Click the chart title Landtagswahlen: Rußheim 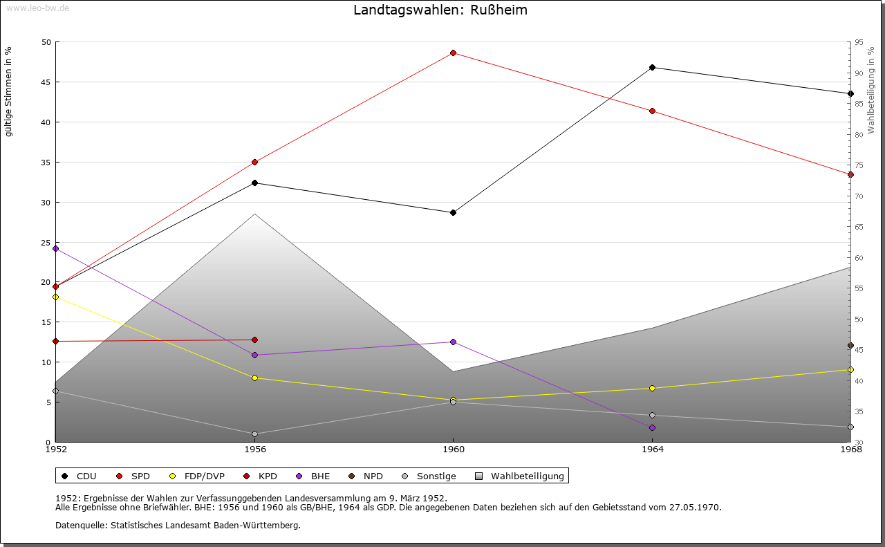440,10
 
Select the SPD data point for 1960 453,53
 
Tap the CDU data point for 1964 652,67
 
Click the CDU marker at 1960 453,212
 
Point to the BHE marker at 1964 652,427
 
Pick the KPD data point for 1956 254,340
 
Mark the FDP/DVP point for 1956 254,378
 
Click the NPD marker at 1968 850,345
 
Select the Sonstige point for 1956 254,434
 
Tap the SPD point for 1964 652,111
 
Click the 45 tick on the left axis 46,82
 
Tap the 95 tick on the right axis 859,42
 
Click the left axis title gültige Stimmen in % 9,92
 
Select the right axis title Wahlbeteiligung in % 871,89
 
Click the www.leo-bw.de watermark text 37,7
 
